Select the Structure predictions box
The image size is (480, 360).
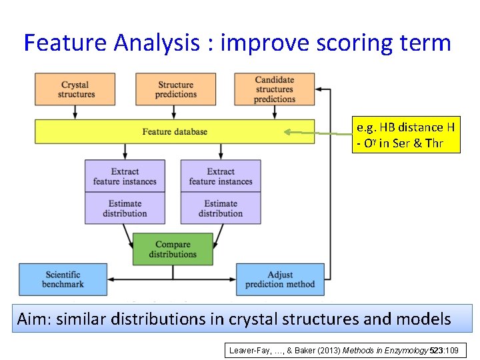click(x=176, y=89)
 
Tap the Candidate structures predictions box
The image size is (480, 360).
click(x=274, y=89)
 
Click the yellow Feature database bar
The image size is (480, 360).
click(x=175, y=131)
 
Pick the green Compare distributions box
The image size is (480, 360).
click(x=173, y=249)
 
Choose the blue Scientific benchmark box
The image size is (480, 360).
click(x=63, y=279)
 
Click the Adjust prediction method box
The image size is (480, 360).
click(x=280, y=279)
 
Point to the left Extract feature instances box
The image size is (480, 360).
click(x=125, y=176)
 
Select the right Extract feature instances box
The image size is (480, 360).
click(x=221, y=176)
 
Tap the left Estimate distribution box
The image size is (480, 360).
click(x=125, y=208)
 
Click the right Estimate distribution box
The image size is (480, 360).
click(x=221, y=208)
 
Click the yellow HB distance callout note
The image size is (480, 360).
click(x=407, y=135)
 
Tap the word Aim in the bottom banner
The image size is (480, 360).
click(x=33, y=319)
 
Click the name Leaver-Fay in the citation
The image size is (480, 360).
click(x=251, y=350)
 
